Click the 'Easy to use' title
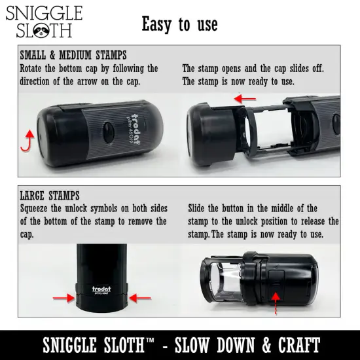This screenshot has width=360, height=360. (179, 24)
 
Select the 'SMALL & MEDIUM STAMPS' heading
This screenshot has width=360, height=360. (73, 56)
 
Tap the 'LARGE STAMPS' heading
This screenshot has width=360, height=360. (50, 196)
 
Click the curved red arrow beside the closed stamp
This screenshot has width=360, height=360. (27, 139)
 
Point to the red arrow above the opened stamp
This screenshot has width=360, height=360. (246, 98)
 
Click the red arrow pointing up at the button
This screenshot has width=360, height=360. (275, 304)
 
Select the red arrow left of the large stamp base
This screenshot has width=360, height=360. (63, 298)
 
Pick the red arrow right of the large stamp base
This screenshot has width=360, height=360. (139, 298)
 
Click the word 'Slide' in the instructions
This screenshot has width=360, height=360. (200, 208)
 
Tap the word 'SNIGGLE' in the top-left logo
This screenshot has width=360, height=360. (44, 14)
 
